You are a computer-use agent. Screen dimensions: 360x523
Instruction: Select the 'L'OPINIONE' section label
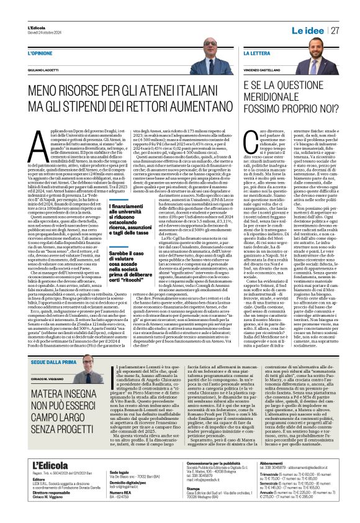point(40,54)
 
